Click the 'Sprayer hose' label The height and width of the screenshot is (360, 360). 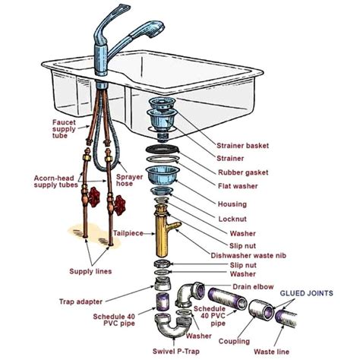click(130, 181)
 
